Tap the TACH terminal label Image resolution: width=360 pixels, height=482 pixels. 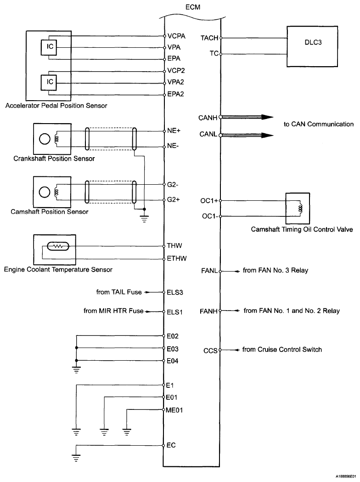209,38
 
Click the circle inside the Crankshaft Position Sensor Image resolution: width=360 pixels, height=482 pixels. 45,139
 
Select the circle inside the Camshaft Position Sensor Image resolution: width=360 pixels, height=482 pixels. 45,192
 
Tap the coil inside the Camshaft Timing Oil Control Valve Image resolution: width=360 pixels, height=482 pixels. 301,208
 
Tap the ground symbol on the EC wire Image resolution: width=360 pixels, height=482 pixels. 76,457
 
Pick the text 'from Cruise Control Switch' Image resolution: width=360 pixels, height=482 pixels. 282,350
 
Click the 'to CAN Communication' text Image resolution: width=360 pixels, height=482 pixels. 319,124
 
